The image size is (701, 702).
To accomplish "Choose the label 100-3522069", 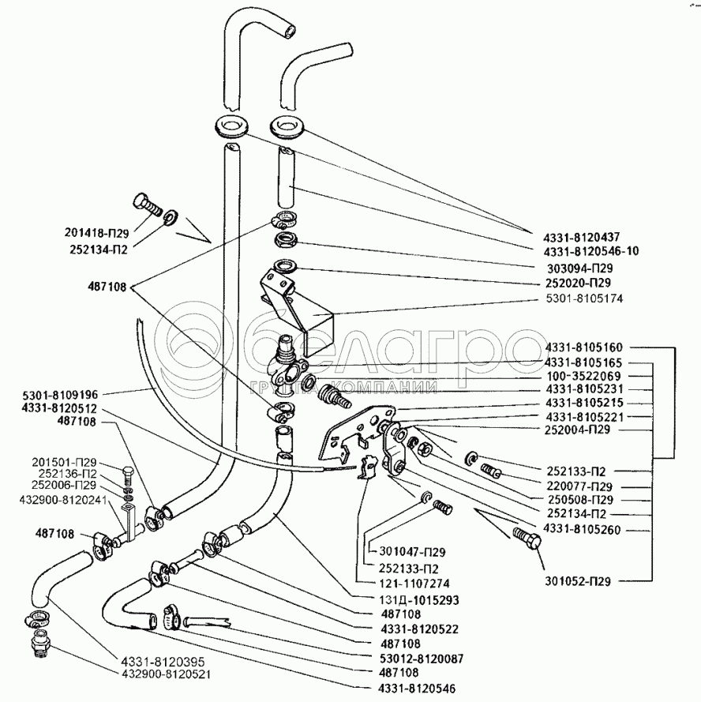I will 583,375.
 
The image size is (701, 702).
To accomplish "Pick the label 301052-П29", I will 580,582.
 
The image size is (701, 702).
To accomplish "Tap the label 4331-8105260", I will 582,530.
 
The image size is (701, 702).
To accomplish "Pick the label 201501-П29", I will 65,462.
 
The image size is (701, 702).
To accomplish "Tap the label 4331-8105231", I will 583,389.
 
